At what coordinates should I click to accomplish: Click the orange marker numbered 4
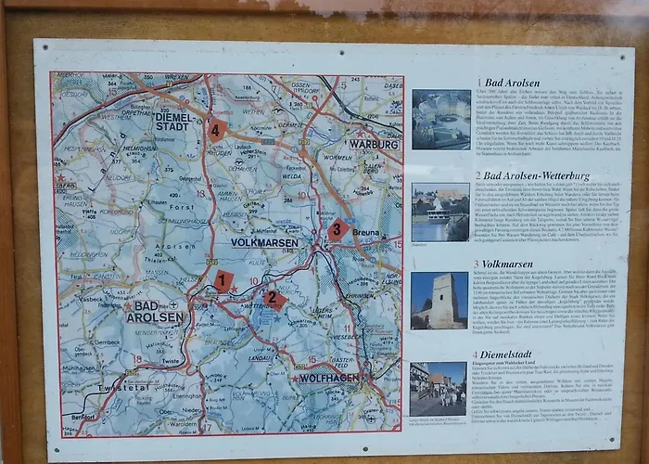click(x=216, y=130)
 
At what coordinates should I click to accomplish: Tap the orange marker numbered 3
click(x=337, y=228)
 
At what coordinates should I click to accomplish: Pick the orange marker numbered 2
click(x=274, y=299)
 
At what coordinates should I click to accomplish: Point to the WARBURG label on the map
click(x=374, y=144)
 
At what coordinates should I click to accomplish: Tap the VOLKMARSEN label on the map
click(x=265, y=243)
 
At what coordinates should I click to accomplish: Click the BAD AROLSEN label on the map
click(x=155, y=311)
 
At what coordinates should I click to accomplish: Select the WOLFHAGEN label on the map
click(x=329, y=379)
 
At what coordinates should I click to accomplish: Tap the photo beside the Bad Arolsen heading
click(x=440, y=119)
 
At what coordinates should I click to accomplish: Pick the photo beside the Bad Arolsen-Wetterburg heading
click(x=440, y=212)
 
